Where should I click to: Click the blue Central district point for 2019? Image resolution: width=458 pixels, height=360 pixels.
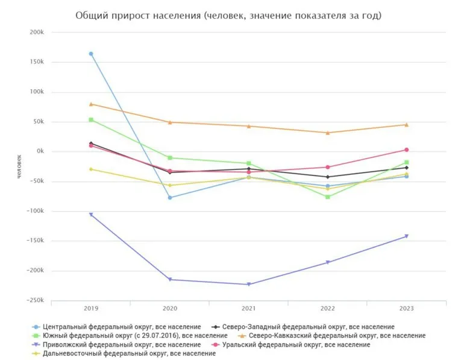point(91,54)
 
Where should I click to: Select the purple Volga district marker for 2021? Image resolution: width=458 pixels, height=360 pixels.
point(249,285)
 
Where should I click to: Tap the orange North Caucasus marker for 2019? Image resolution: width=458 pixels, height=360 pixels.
point(91,104)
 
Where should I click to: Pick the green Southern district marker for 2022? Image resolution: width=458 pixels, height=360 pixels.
point(328,197)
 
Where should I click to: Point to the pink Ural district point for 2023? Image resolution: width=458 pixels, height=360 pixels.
point(406,150)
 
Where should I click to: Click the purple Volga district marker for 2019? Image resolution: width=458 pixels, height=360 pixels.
point(91,215)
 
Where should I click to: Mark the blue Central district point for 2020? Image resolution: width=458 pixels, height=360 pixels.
point(170,197)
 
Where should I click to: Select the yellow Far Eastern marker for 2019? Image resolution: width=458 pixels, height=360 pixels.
point(91,169)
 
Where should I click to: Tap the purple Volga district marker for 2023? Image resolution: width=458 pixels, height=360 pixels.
point(406,236)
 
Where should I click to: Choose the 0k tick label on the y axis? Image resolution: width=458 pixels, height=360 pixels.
point(40,151)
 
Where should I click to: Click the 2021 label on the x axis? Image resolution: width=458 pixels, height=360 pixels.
point(249,309)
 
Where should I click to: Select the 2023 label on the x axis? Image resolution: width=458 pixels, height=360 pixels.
point(406,309)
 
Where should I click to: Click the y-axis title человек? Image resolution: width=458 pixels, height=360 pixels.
point(19,166)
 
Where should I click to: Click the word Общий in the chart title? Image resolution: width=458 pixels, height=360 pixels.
point(91,15)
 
